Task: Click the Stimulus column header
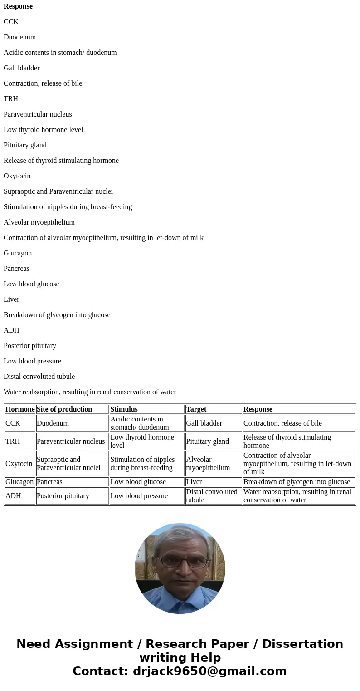pyautogui.click(x=124, y=409)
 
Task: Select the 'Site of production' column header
pyautogui.click(x=64, y=409)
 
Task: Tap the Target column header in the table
pyautogui.click(x=196, y=409)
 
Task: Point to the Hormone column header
pyautogui.click(x=20, y=409)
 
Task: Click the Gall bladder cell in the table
pyautogui.click(x=204, y=423)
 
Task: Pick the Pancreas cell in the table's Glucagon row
pyautogui.click(x=49, y=482)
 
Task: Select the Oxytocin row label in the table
pyautogui.click(x=19, y=464)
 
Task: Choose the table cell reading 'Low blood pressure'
pyautogui.click(x=139, y=496)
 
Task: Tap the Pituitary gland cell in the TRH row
pyautogui.click(x=207, y=441)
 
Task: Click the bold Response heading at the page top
pyautogui.click(x=18, y=6)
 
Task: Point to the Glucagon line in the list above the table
pyautogui.click(x=18, y=253)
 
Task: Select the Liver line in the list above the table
pyautogui.click(x=11, y=299)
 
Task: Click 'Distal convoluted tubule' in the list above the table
pyautogui.click(x=39, y=377)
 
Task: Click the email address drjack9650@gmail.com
pyautogui.click(x=209, y=671)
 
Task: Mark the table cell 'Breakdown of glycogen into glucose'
pyautogui.click(x=297, y=482)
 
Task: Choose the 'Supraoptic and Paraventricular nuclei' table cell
pyautogui.click(x=68, y=464)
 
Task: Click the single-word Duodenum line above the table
pyautogui.click(x=19, y=37)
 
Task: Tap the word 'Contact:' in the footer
pyautogui.click(x=100, y=671)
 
